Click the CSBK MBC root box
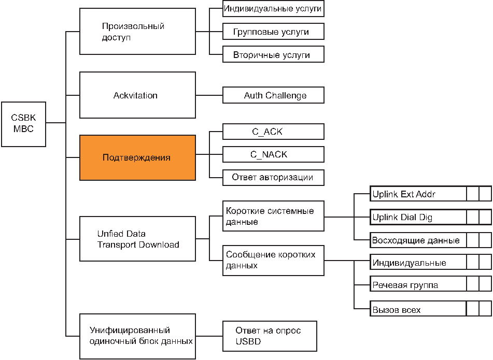(23, 124)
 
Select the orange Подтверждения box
(137, 157)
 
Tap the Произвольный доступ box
(137, 32)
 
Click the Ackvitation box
(137, 95)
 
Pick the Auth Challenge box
(273, 95)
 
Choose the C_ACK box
(273, 131)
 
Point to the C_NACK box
(273, 154)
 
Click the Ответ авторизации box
(273, 178)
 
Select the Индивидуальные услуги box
(273, 8)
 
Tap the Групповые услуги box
(273, 32)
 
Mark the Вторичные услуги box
(273, 54)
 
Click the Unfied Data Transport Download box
(137, 239)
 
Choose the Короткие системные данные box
(273, 216)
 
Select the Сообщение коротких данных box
(273, 261)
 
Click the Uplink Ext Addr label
(404, 194)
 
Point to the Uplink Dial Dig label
(402, 218)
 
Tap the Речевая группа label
(405, 285)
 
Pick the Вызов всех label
(397, 310)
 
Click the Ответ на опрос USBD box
(270, 336)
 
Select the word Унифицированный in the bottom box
(130, 330)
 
